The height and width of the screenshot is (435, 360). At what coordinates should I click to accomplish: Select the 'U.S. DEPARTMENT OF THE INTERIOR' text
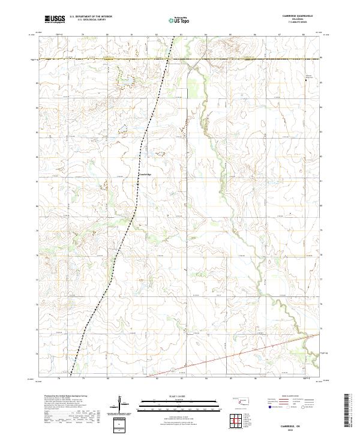pyautogui.click(x=91, y=17)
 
